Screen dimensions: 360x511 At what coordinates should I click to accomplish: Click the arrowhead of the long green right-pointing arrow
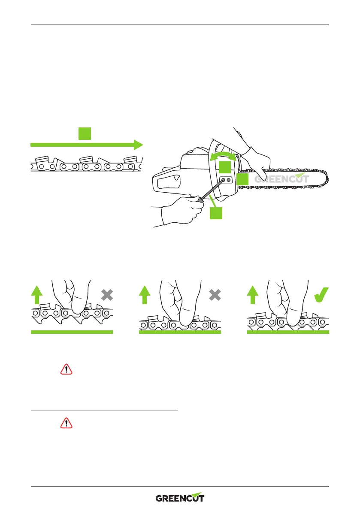coord(138,145)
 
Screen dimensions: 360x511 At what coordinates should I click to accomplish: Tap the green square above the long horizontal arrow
coord(85,133)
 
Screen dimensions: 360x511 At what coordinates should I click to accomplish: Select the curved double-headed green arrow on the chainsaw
coord(223,156)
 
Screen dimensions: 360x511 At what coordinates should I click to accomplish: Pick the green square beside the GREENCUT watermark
coord(242,179)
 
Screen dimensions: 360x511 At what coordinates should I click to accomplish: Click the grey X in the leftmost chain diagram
coord(107,295)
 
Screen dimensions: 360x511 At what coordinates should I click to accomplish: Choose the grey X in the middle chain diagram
coord(215,295)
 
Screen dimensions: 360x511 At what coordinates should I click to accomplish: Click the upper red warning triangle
coord(67,369)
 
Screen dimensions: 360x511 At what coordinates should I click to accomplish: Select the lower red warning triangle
coord(67,423)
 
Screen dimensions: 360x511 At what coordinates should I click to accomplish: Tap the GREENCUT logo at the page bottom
coord(180,498)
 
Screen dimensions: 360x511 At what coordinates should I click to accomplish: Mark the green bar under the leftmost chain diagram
coord(72,332)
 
